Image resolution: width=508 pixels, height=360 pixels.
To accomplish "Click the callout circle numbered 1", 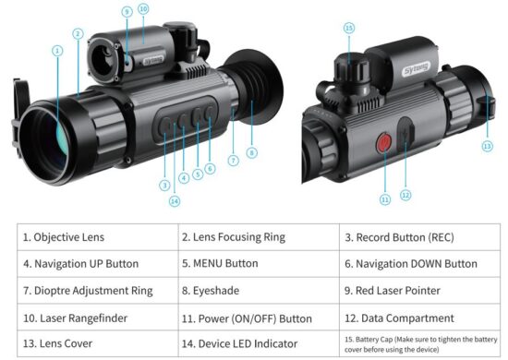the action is click(57, 51).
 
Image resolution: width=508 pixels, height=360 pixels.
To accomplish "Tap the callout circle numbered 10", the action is click(143, 8).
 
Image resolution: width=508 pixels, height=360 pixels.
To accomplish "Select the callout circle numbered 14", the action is click(175, 201).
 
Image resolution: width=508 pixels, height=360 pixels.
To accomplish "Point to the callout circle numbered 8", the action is click(252, 152).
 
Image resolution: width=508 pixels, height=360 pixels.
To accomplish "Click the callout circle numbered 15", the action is click(349, 29).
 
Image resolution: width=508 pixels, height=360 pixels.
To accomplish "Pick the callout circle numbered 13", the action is click(488, 147).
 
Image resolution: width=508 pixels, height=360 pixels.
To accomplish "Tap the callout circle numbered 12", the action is click(405, 195).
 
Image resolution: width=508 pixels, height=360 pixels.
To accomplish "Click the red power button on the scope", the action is click(384, 142).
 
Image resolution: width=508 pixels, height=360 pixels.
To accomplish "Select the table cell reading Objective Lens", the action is click(98, 237).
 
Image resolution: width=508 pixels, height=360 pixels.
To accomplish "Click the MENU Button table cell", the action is click(259, 263).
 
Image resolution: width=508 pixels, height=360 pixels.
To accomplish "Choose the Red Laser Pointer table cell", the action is click(419, 291).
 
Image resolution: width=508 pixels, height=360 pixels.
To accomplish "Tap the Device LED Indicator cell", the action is click(259, 343).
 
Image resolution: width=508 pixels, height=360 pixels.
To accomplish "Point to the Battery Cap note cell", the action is click(419, 343).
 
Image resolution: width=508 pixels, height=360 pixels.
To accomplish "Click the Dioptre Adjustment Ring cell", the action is click(98, 291).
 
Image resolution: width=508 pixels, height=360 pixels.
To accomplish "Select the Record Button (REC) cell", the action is click(419, 237).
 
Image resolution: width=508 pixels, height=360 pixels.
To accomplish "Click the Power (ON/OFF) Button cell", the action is click(259, 318).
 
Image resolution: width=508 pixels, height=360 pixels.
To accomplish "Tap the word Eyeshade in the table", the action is click(216, 291).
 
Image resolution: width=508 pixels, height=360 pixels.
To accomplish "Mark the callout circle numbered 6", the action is click(210, 168).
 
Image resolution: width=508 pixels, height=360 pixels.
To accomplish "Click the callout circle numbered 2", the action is click(78, 33).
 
